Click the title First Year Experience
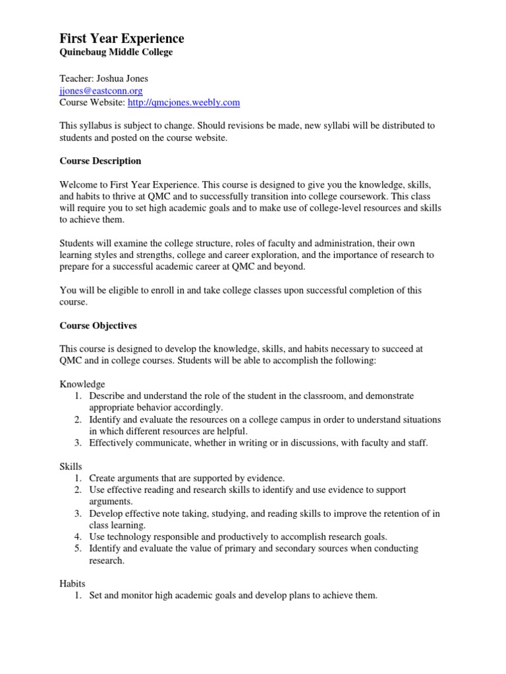click(122, 39)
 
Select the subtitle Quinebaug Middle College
click(116, 53)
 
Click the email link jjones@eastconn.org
click(101, 90)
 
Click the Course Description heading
click(100, 161)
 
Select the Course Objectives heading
click(98, 325)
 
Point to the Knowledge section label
click(82, 384)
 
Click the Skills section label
click(70, 466)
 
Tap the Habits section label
click(73, 583)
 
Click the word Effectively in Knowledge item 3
click(113, 443)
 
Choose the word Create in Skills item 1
click(103, 478)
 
